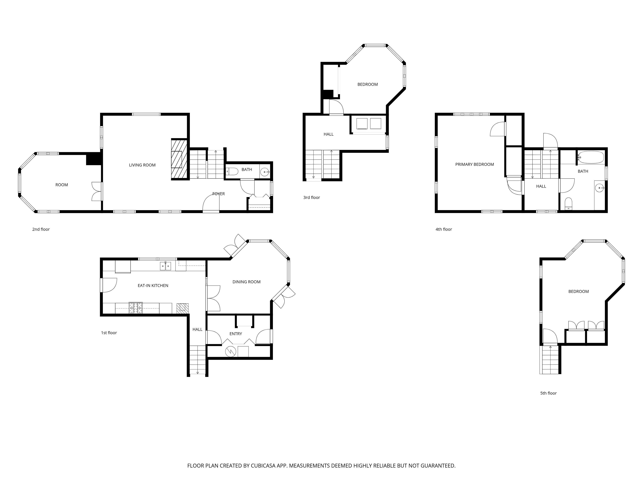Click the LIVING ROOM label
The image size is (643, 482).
pos(142,165)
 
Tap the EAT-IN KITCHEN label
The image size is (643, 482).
pos(153,286)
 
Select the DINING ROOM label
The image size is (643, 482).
pos(246,282)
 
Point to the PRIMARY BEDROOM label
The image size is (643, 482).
pos(474,165)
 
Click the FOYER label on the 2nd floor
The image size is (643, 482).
pos(219,194)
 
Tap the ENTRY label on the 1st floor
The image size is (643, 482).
pos(236,334)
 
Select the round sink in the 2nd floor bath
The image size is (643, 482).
pos(265,172)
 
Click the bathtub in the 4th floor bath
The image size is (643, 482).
pos(591,157)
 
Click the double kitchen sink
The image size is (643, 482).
pos(165,266)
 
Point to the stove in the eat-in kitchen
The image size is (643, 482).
pos(136,308)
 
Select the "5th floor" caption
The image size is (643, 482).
pos(548,393)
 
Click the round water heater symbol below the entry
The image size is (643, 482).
pos(231,352)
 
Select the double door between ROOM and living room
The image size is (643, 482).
pos(96,191)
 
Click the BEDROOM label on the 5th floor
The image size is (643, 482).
pos(579,291)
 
